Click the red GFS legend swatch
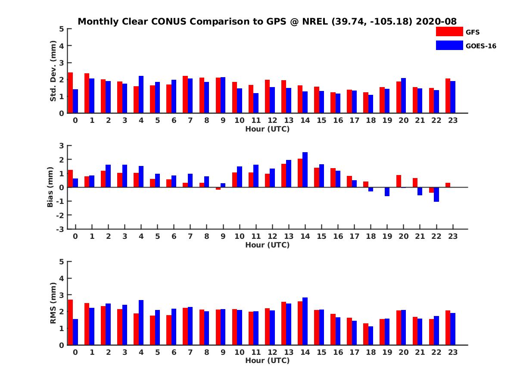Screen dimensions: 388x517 coord(449,31)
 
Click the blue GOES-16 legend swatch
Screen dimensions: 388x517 coord(449,45)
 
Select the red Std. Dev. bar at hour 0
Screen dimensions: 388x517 coord(71,93)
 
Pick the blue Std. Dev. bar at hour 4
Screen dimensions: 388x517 coord(141,94)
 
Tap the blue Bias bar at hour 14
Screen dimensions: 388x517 coord(305,170)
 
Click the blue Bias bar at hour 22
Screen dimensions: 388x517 coord(436,194)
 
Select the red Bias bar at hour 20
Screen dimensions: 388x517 coord(399,181)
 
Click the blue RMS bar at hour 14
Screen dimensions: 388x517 coord(305,321)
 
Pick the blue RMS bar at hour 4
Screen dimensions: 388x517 coord(141,322)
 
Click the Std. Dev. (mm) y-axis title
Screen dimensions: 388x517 coord(53,71)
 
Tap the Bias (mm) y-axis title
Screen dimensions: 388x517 coord(50,187)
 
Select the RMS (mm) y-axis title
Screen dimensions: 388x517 coord(53,303)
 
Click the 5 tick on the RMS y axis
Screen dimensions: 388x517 coord(62,262)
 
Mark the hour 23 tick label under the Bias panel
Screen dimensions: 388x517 coord(453,237)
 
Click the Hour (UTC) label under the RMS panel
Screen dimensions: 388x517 coord(267,361)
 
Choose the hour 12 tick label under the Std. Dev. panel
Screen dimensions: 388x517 coord(272,121)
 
